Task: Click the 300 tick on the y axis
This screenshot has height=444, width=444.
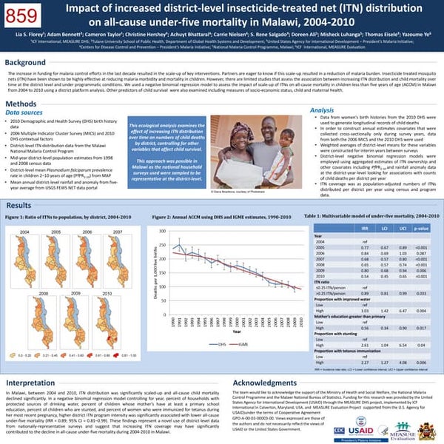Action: click(164, 232)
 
